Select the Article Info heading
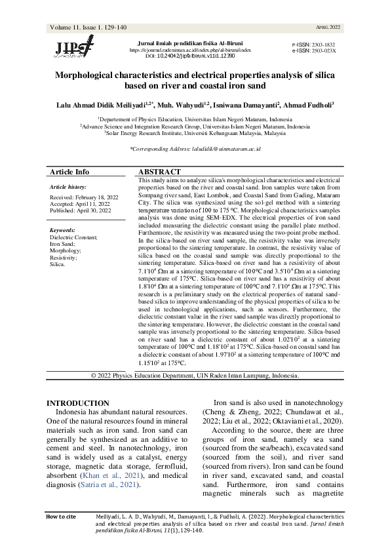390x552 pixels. [68, 172]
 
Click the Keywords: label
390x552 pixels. [65, 231]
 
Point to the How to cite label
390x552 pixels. [62, 517]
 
